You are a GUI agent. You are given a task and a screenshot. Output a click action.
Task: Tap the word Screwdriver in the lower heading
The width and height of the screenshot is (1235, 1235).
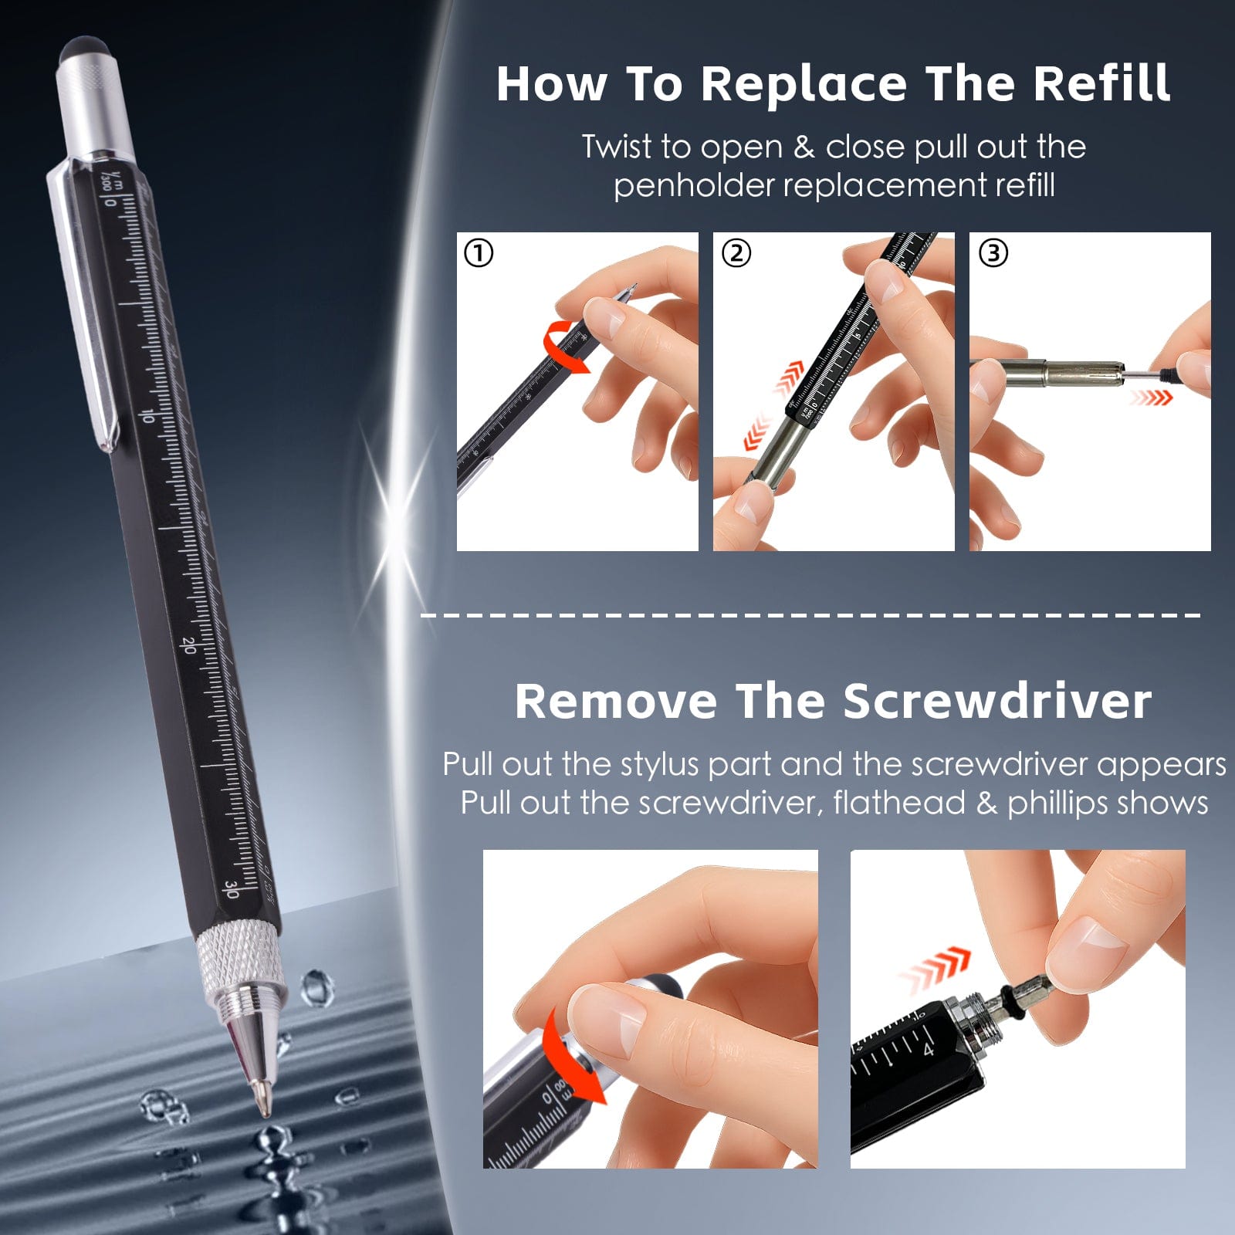pos(997,702)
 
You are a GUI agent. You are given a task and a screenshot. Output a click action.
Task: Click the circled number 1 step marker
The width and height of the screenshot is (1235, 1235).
pos(479,253)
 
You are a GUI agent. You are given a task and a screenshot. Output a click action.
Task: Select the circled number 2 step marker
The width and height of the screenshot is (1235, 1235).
pos(736,253)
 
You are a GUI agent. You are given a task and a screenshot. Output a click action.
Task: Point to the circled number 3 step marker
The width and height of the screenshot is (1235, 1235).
pos(993,253)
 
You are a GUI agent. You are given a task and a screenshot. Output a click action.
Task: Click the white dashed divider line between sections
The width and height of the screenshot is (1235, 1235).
pos(810,615)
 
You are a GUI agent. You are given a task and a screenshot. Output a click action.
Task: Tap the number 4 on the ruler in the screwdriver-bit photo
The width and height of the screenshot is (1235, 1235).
pos(929,1049)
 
